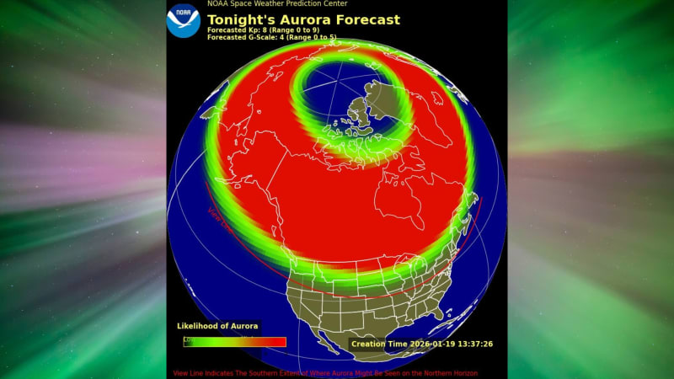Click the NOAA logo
click(x=183, y=20)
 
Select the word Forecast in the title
click(x=366, y=20)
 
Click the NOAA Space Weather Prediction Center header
click(x=277, y=4)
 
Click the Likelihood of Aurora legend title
click(x=217, y=326)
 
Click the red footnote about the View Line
click(x=325, y=373)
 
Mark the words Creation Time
click(x=379, y=344)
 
